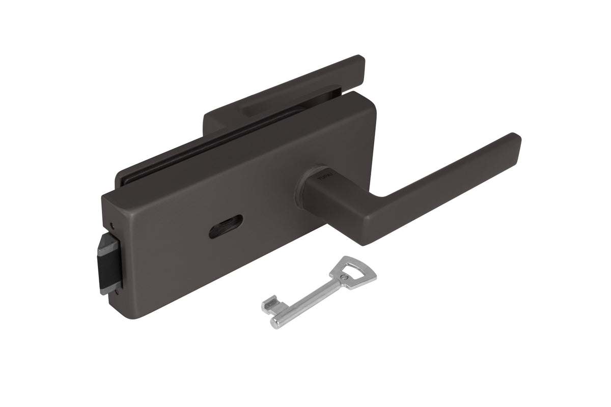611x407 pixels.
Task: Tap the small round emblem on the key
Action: click(x=346, y=277)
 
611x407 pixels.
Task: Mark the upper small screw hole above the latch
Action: click(x=112, y=224)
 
